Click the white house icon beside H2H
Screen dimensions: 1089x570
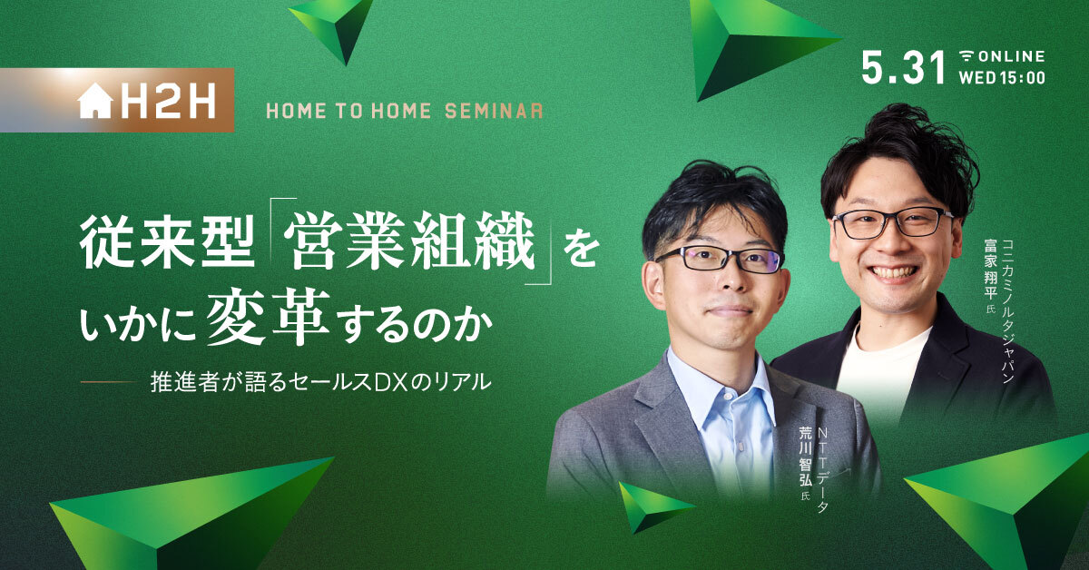(x=96, y=101)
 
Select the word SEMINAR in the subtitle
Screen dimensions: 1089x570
(x=494, y=112)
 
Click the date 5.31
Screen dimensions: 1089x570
(x=903, y=67)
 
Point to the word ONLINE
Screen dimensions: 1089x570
(x=1011, y=56)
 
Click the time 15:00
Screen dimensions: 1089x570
(x=1023, y=78)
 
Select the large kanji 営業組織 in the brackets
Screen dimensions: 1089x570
(x=410, y=241)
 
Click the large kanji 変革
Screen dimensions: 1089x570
(x=269, y=317)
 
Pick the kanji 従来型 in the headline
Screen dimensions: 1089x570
(x=167, y=241)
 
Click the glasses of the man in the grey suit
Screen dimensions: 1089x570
(x=719, y=260)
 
